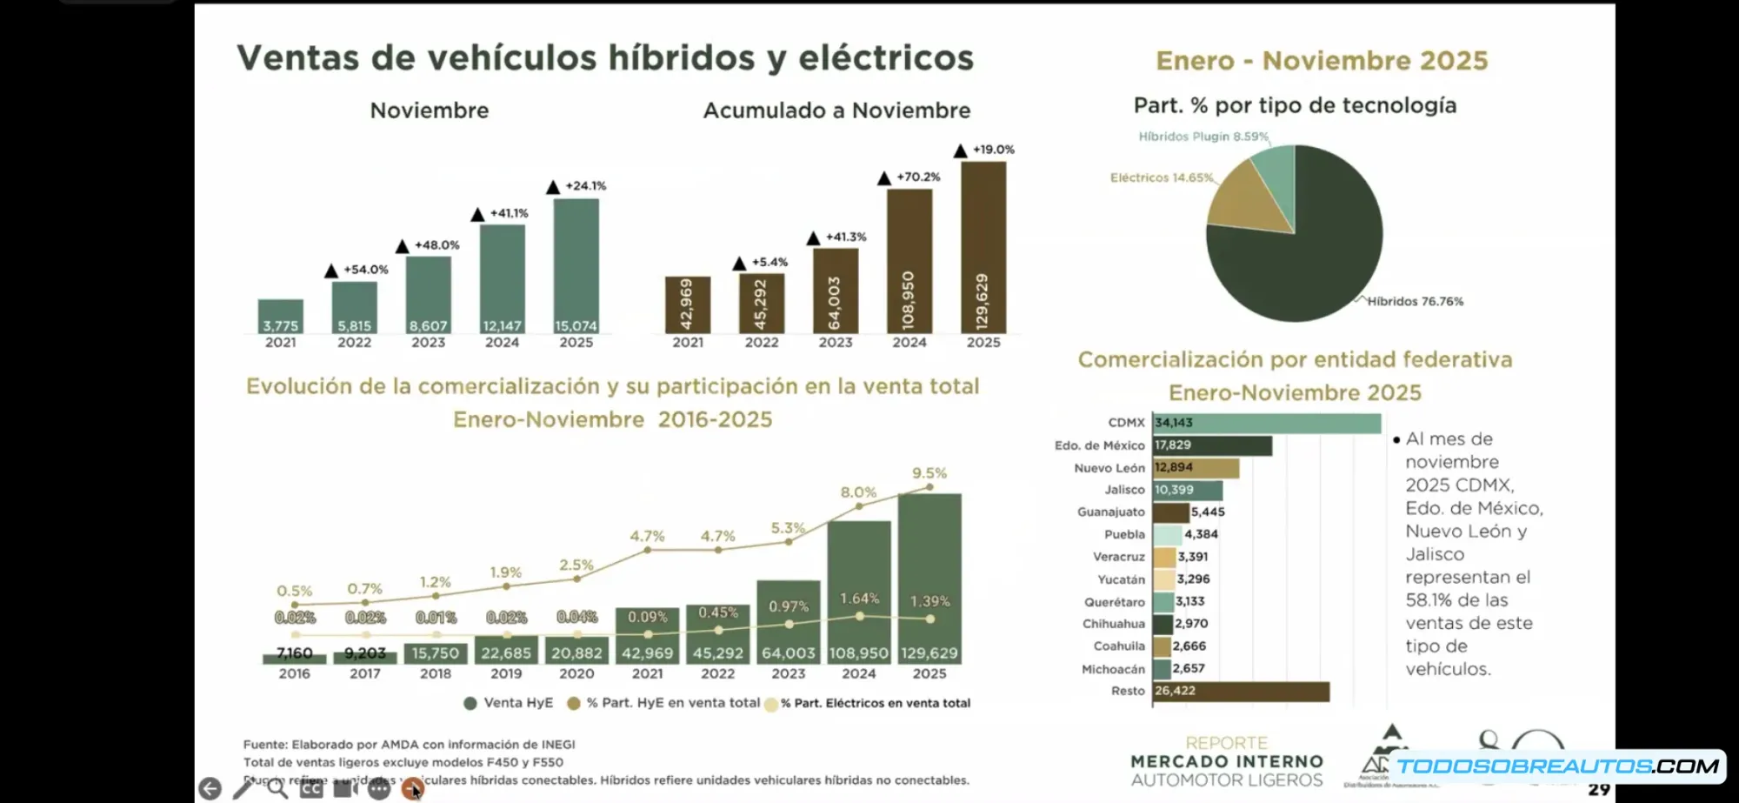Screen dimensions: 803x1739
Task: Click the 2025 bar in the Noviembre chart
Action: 576,265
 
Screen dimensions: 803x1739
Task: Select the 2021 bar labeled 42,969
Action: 687,304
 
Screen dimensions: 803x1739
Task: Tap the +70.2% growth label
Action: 918,177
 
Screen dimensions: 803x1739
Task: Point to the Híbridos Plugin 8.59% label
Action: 1203,137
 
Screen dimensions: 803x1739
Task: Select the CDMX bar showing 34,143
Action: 1266,423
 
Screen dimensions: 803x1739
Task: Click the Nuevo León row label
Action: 1109,468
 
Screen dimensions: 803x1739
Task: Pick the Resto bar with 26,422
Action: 1241,691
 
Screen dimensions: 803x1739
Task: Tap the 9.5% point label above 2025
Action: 929,473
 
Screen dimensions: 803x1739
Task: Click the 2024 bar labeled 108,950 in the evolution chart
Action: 858,592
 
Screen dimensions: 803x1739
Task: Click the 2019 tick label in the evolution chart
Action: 506,673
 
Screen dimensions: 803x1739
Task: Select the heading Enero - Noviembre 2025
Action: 1322,61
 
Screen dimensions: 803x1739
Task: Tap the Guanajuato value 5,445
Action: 1208,512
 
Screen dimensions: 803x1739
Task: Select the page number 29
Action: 1598,789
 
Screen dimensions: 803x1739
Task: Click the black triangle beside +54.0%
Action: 331,271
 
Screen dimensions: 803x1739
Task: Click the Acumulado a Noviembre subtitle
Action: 836,110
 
